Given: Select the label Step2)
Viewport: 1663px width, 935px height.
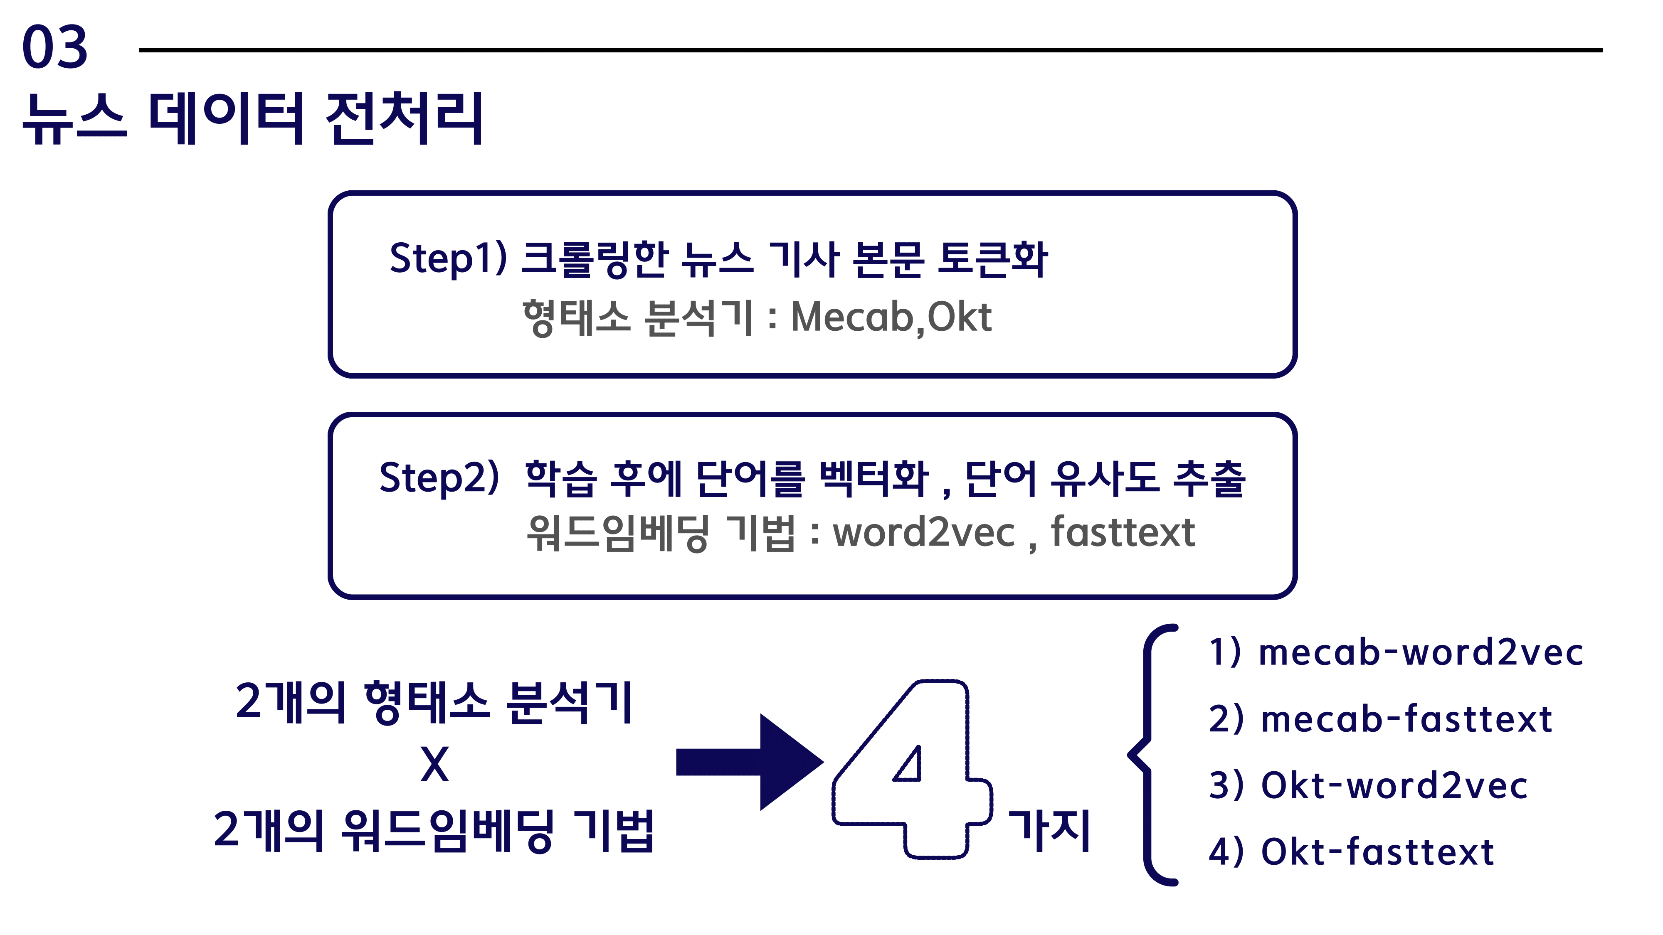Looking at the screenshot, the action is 439,478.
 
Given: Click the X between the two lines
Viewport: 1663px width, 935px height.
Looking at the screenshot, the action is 434,765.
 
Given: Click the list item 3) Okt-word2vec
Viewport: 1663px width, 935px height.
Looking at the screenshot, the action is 1368,785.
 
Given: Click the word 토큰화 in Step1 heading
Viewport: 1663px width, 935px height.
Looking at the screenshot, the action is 992,259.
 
